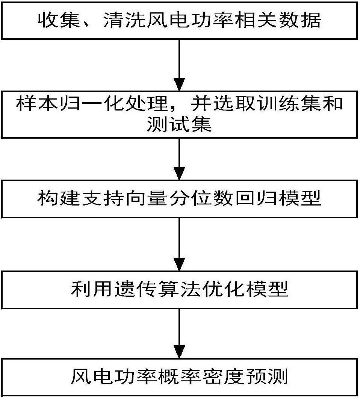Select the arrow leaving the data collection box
(180, 64)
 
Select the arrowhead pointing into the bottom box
(180, 352)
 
